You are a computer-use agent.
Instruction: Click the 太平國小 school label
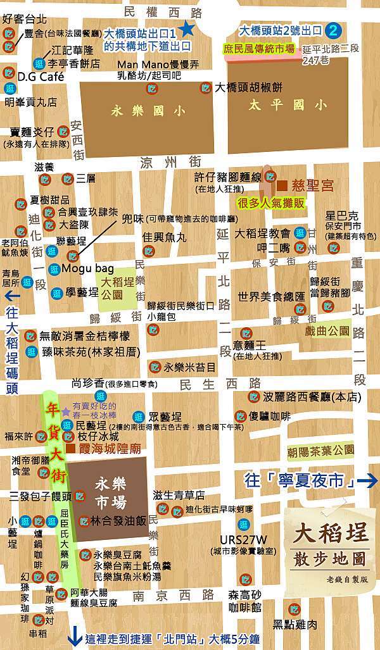tap(288, 104)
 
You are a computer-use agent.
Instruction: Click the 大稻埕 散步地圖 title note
tap(329, 540)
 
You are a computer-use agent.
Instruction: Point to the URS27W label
tap(240, 539)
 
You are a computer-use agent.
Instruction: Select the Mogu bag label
tap(85, 268)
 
